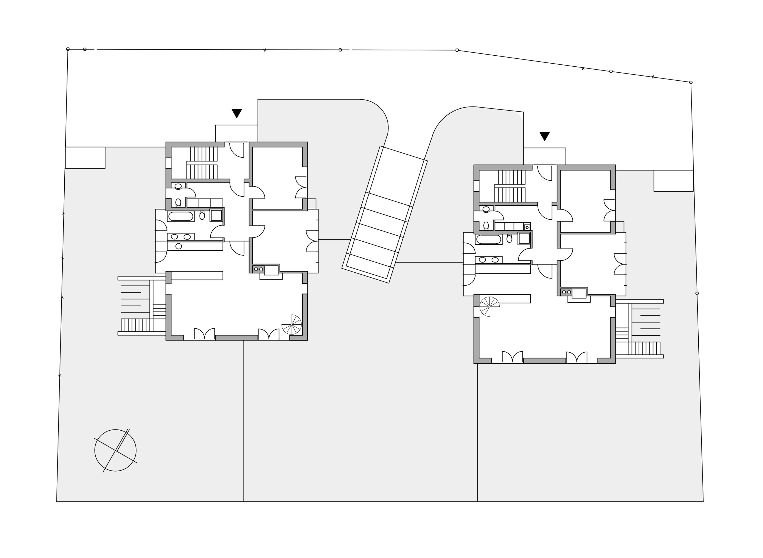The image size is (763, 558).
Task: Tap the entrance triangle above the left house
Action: pos(237,113)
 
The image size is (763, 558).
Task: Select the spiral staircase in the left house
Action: pos(292,325)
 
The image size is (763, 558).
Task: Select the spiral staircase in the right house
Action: pos(489,306)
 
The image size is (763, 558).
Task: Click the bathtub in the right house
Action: pos(488,239)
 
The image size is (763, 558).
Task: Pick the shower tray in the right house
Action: pos(524,238)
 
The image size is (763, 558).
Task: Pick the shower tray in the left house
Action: pos(216,215)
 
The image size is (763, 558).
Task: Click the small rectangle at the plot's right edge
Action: pos(673,181)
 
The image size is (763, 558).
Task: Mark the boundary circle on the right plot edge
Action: pos(697,293)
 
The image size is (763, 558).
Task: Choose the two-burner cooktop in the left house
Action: pos(258,269)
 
